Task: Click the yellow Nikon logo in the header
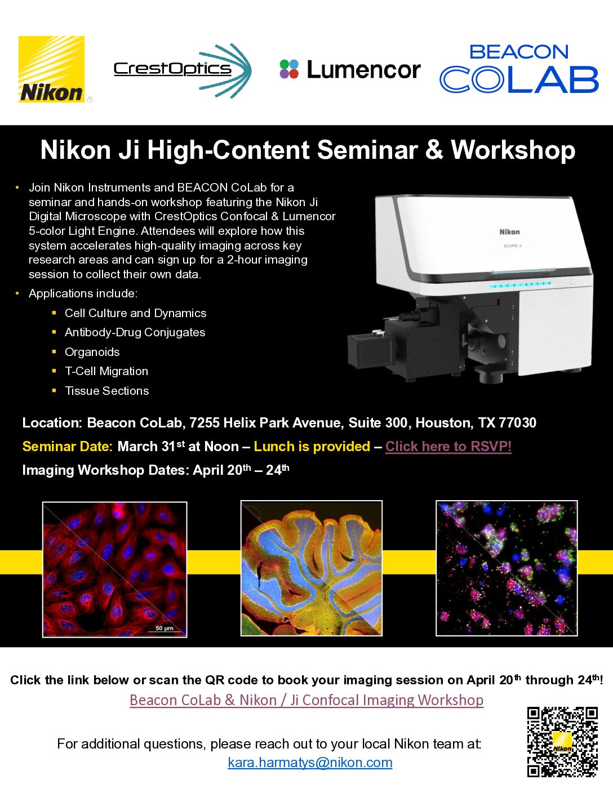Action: coord(51,69)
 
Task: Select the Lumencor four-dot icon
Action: coord(289,69)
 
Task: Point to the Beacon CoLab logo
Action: coord(519,68)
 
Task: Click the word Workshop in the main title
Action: coord(513,150)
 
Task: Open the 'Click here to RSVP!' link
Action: coord(448,446)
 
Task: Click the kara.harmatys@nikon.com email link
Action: coord(310,763)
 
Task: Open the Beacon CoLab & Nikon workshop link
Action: coord(306,700)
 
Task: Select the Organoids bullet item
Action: coord(92,352)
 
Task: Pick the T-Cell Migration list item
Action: coord(106,371)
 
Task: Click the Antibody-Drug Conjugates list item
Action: coord(135,332)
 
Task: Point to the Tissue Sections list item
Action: coord(106,391)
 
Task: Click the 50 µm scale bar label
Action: coord(165,628)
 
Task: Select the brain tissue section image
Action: coord(312,568)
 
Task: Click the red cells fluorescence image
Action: coord(114,569)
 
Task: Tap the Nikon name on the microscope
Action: coord(509,231)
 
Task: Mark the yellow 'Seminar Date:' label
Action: coord(68,446)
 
